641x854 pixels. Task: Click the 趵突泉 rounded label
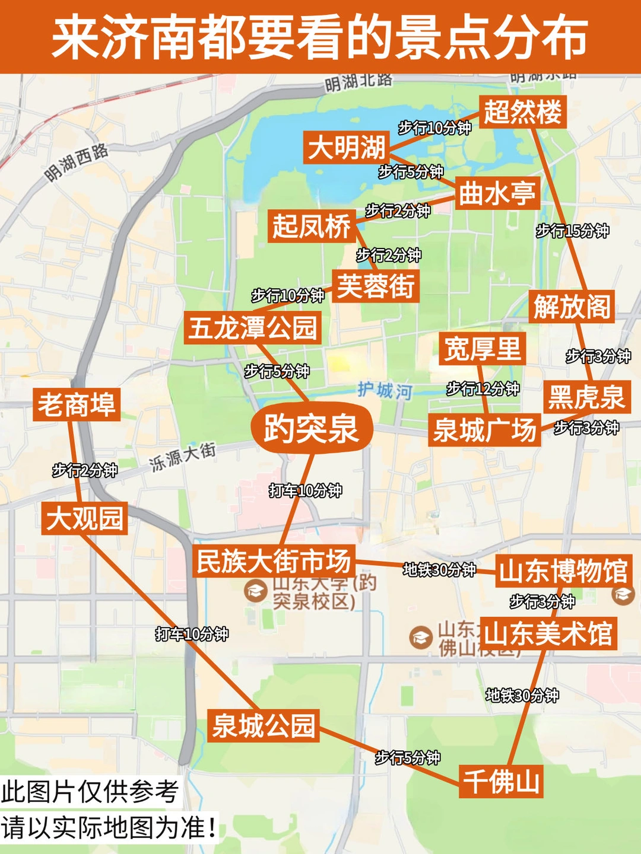coord(311,428)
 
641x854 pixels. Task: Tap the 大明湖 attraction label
coord(347,147)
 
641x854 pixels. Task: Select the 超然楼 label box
coord(522,111)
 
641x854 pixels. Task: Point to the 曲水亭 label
coord(497,193)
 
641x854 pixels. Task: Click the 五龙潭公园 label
coord(252,327)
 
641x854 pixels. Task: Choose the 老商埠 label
coord(77,404)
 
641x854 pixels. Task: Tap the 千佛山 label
coord(502,781)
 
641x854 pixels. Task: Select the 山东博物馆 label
coord(563,571)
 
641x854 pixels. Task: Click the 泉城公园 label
coord(264,725)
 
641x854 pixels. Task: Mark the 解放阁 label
coord(572,307)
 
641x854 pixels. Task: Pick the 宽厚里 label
coord(482,349)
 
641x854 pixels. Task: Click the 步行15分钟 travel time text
coord(572,231)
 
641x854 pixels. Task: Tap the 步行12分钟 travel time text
coord(483,388)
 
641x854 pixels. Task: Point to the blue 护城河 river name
coord(385,390)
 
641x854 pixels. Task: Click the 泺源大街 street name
coord(182,457)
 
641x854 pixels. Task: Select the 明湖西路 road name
coord(77,162)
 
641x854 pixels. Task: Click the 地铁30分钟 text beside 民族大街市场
coord(439,570)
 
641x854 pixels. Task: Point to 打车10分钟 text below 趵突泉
coord(305,490)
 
